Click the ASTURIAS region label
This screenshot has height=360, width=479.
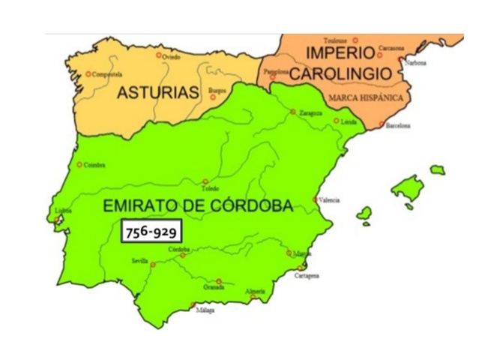click(157, 94)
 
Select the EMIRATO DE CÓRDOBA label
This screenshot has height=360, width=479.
click(197, 205)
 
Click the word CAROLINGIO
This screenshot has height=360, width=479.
click(340, 73)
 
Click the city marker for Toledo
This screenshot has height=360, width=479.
click(205, 181)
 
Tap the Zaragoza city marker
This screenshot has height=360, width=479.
click(293, 112)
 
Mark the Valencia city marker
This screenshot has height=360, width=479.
click(316, 199)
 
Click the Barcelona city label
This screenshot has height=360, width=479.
click(398, 126)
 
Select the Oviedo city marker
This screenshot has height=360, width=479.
click(158, 55)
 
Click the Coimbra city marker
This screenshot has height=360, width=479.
click(79, 165)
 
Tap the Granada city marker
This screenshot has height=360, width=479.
click(219, 281)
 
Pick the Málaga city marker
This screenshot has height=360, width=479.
click(193, 304)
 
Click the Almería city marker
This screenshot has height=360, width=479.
click(253, 296)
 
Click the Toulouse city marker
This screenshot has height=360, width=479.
click(356, 40)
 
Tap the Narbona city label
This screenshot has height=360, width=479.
click(416, 63)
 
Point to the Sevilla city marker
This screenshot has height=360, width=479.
click(153, 264)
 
